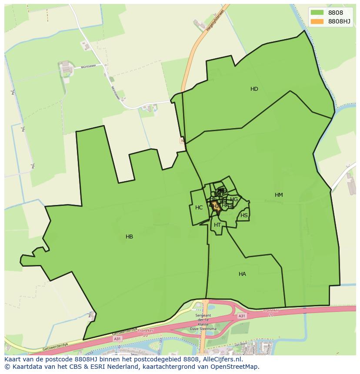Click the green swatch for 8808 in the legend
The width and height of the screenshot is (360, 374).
tap(317, 13)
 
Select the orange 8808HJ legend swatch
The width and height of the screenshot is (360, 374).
tap(317, 21)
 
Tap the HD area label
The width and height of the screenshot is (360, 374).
tap(254, 89)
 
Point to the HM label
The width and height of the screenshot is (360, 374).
tap(279, 195)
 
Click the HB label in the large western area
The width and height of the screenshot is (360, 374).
tap(129, 237)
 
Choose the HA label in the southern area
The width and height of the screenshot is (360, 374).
tap(242, 274)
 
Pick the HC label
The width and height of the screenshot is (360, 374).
tap(199, 208)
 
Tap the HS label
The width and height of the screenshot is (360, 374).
tap(244, 215)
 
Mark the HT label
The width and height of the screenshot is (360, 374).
tap(217, 225)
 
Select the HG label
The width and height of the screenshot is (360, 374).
tap(234, 199)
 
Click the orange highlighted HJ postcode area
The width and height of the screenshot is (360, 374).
tap(215, 206)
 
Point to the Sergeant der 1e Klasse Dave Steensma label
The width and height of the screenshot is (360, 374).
tap(203, 322)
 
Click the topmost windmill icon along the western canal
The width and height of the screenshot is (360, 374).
tap(13, 92)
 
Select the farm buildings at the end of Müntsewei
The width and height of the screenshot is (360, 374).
tap(66, 67)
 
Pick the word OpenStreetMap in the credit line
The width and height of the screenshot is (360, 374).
tap(235, 367)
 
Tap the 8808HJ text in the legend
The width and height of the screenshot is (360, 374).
tap(340, 21)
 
